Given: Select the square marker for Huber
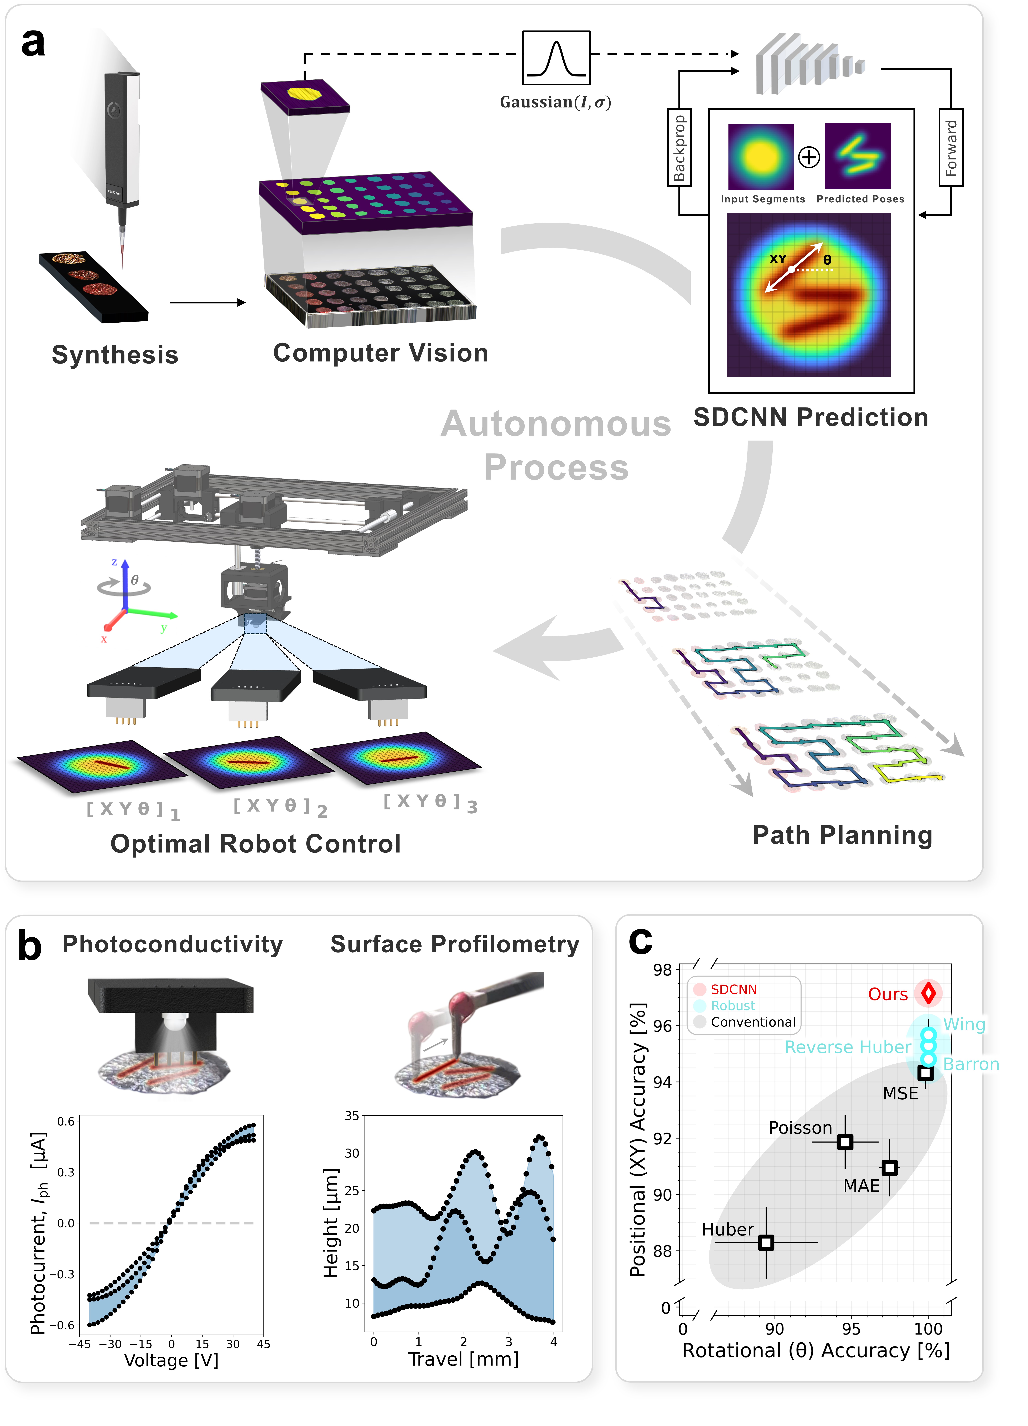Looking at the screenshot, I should (766, 1242).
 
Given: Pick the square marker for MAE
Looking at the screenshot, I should (889, 1168).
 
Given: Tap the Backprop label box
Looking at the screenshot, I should (679, 148).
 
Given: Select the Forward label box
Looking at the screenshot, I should (951, 148).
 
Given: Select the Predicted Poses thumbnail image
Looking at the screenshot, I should (858, 156).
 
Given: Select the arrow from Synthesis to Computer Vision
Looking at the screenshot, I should (207, 302).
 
